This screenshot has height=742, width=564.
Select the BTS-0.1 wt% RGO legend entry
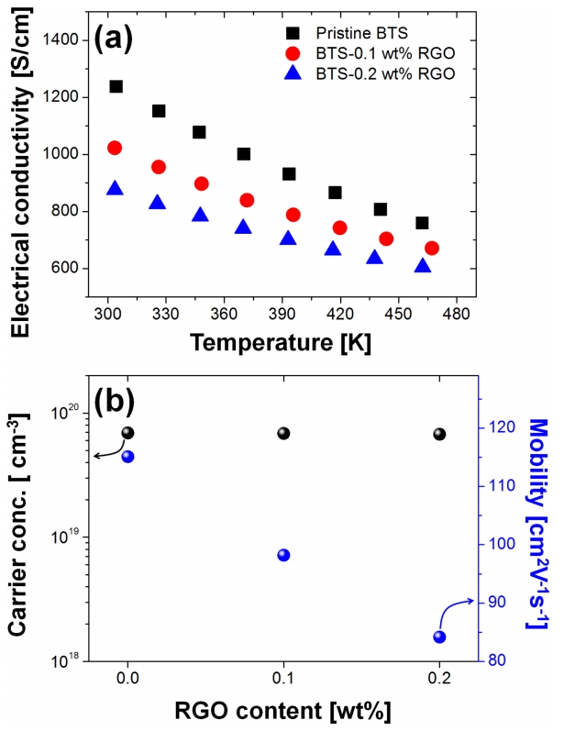click(x=382, y=54)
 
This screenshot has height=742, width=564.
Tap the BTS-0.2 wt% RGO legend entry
click(x=382, y=75)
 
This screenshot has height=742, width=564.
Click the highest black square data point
click(x=116, y=86)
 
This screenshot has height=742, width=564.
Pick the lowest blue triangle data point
click(x=423, y=266)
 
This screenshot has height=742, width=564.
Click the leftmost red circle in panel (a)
click(x=115, y=148)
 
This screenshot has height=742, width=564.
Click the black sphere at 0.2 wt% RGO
click(x=439, y=434)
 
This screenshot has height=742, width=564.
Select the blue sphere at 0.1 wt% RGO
click(x=283, y=555)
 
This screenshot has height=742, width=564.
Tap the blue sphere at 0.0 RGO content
click(x=127, y=456)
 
